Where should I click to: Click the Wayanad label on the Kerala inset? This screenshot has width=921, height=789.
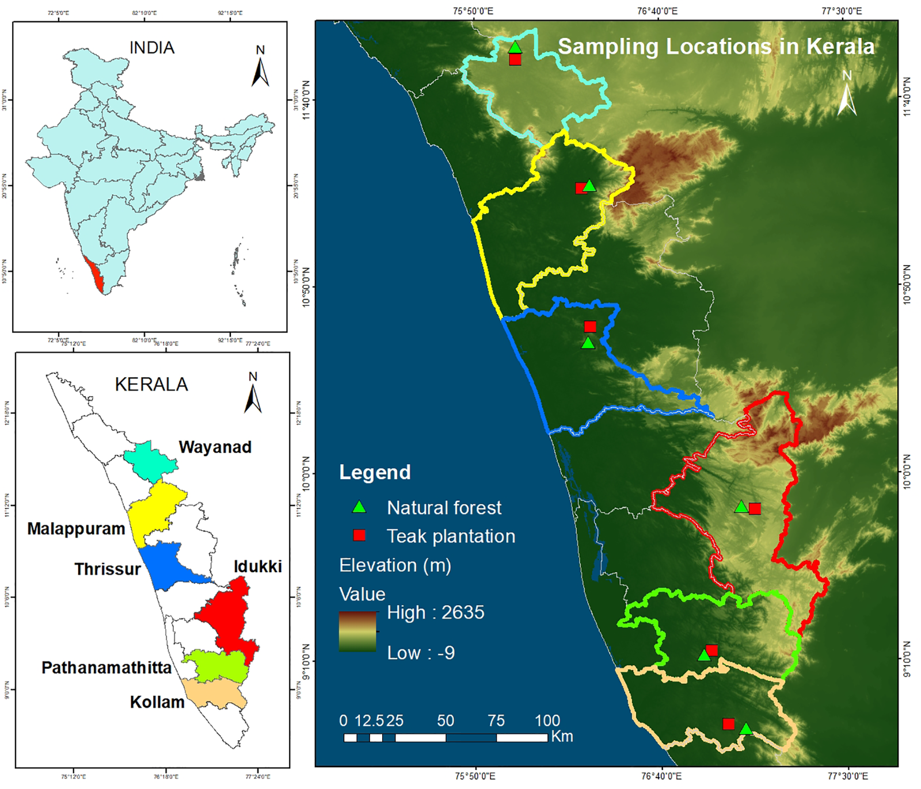(215, 447)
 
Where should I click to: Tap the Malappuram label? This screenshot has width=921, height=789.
(76, 528)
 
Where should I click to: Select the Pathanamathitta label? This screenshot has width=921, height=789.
(106, 668)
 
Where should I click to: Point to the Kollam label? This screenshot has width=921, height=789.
(157, 702)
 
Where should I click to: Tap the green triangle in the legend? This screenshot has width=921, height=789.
(359, 507)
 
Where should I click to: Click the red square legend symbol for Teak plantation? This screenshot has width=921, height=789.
(359, 535)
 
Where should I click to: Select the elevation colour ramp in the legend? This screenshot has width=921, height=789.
(357, 631)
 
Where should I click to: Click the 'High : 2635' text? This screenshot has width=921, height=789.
(435, 612)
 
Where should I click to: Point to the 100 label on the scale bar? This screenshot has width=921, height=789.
(547, 721)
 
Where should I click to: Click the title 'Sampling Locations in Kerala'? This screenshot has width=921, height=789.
(716, 47)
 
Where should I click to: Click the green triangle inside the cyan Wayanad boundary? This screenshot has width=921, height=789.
(515, 47)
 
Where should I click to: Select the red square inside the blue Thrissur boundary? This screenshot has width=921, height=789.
(590, 327)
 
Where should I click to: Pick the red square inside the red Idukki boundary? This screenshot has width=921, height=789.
(755, 508)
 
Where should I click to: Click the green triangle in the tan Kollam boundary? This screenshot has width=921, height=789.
(746, 729)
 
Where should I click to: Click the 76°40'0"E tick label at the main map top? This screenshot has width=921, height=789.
(657, 10)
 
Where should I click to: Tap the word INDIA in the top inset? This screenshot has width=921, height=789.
(152, 48)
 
